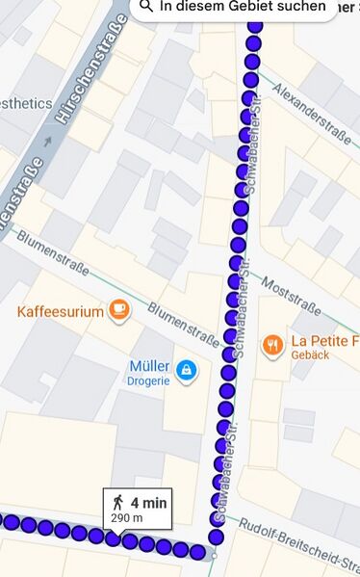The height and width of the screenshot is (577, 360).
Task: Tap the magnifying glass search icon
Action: (x=146, y=6)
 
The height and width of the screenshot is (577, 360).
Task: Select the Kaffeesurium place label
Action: (x=60, y=311)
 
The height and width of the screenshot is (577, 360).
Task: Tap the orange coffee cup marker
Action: (x=118, y=309)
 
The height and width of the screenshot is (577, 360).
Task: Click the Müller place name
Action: (x=148, y=366)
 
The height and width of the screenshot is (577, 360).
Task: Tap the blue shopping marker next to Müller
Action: (x=185, y=369)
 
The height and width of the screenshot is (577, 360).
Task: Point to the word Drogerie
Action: (x=148, y=380)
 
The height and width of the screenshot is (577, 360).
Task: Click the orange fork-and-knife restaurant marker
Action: (x=272, y=344)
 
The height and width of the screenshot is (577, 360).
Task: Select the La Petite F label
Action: (x=324, y=341)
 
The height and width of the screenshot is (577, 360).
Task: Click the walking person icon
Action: (x=117, y=502)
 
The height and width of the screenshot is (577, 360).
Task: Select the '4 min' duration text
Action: (x=149, y=502)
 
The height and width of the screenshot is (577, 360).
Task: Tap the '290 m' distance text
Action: (x=127, y=518)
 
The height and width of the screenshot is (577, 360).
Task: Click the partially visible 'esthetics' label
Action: (x=25, y=103)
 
